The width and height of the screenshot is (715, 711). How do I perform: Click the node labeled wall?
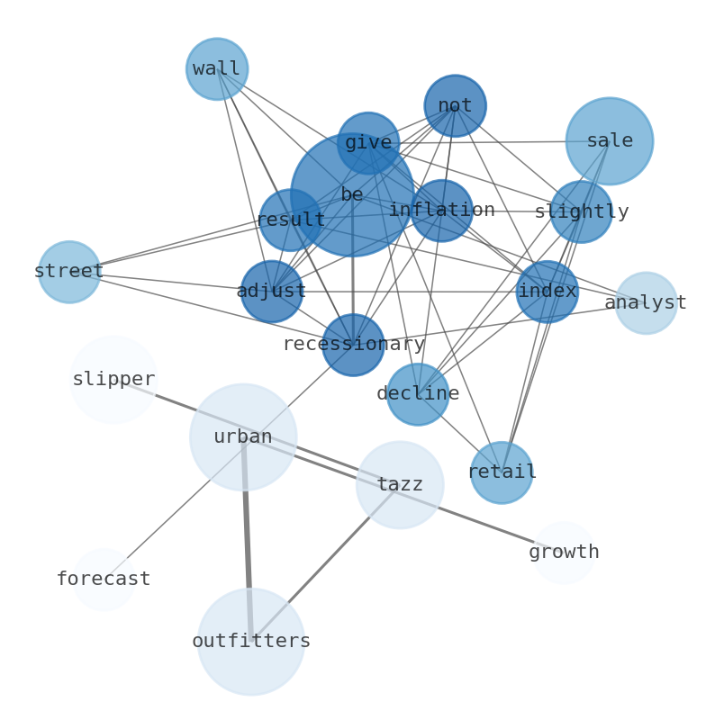[217, 69]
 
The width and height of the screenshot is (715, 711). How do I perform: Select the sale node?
[610, 141]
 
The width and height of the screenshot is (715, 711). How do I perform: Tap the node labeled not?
[455, 106]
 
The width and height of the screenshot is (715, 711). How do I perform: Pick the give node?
[368, 143]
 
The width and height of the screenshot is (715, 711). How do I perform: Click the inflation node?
[441, 211]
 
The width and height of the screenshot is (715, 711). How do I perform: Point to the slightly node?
[581, 212]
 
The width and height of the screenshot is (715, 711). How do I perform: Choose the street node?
[69, 272]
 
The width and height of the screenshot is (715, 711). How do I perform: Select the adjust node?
[271, 292]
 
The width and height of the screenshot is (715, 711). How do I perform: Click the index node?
[547, 292]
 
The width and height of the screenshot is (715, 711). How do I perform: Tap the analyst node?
[646, 303]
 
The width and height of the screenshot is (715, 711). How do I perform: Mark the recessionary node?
[353, 345]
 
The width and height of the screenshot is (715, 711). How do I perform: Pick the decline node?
[418, 394]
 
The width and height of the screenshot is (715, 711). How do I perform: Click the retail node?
[502, 472]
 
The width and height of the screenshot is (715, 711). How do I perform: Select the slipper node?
[113, 380]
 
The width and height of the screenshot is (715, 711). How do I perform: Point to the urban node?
[243, 437]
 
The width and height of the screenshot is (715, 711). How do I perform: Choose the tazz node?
[400, 485]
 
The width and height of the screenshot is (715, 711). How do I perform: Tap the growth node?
[564, 553]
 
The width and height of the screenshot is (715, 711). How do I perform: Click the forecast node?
[104, 580]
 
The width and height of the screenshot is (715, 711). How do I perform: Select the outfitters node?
[251, 642]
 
